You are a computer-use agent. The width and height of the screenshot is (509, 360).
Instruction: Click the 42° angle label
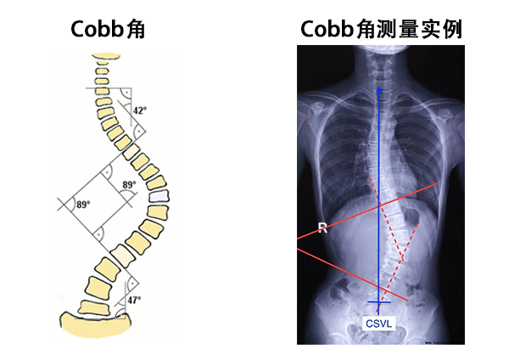tap(140, 110)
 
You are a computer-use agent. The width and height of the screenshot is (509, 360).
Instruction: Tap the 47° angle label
tap(134, 300)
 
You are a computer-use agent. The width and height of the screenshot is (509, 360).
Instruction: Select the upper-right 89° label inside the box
tap(129, 185)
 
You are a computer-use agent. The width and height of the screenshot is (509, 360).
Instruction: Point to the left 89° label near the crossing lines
tap(83, 205)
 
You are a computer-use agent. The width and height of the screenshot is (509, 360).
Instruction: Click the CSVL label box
tap(379, 323)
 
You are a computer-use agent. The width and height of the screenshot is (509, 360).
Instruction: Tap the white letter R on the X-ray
tap(322, 228)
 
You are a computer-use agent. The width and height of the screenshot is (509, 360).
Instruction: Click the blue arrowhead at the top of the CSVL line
tap(379, 89)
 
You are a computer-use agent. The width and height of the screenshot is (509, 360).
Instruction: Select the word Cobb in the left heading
tap(97, 29)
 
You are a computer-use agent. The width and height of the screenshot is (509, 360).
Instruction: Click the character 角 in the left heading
tap(136, 29)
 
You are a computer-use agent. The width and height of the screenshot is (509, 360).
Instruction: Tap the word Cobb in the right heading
tap(327, 29)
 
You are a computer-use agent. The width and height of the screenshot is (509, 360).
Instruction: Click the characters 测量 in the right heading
tap(397, 29)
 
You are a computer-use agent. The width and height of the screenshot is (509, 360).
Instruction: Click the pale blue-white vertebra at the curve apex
tap(159, 197)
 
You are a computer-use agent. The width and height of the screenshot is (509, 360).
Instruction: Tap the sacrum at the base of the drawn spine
tap(95, 324)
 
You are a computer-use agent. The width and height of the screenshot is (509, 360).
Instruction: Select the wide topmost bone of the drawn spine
tap(106, 57)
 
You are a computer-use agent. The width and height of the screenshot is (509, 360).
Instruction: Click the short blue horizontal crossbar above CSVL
tap(379, 302)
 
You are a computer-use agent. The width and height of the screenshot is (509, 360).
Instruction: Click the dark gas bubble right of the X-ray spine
tap(411, 217)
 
